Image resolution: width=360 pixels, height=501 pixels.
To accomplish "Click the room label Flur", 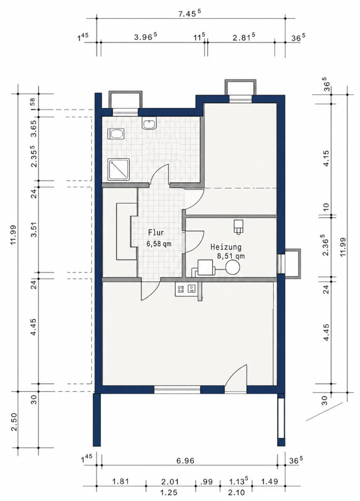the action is (x=156, y=233).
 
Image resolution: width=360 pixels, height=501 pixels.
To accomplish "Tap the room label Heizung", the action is (x=226, y=247).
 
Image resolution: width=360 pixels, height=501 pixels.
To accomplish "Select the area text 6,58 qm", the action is (x=159, y=245).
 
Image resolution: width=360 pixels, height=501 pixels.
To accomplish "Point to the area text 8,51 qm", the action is (x=231, y=256).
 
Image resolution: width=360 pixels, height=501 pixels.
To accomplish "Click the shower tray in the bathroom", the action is (x=119, y=170).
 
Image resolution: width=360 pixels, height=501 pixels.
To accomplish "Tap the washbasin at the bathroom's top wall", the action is (x=149, y=124).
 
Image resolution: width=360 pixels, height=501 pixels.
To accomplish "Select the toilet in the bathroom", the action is (x=116, y=134).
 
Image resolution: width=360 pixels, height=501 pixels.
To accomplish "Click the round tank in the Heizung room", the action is (x=232, y=267).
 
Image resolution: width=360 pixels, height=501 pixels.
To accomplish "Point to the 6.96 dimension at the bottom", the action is (x=185, y=461).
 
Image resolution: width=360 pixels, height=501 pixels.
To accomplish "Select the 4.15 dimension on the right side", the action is (x=327, y=159).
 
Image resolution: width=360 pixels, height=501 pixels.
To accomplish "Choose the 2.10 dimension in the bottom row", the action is (x=236, y=492).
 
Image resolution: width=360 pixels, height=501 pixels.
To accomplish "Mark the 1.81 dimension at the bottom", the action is (x=121, y=481).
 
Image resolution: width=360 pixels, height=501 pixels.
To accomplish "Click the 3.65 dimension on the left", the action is (x=34, y=128).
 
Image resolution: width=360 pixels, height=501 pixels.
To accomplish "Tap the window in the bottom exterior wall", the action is (x=177, y=389).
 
